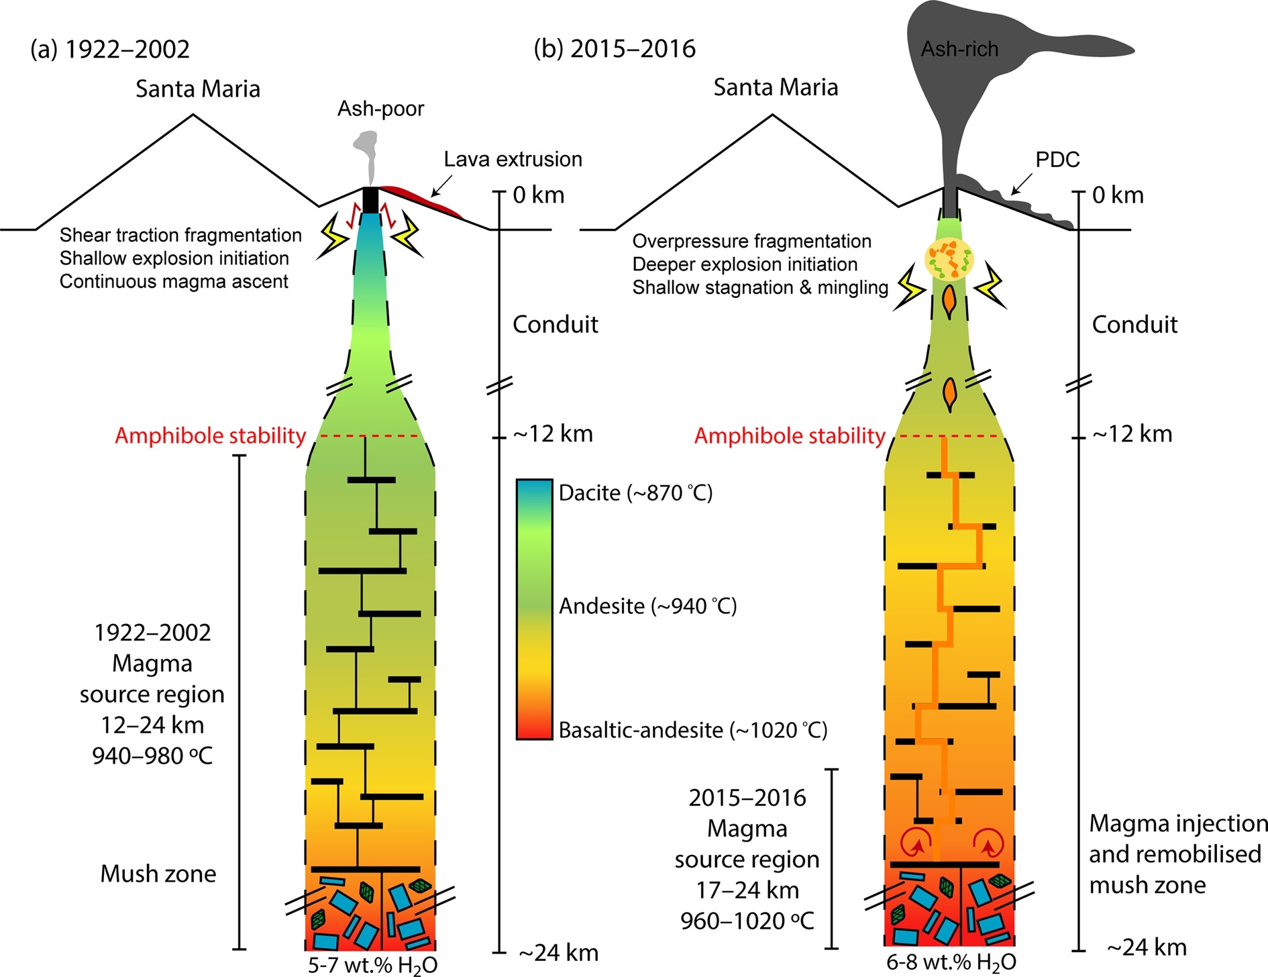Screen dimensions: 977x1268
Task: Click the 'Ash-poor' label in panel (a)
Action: [380, 109]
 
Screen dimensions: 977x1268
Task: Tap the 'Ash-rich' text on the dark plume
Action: [959, 49]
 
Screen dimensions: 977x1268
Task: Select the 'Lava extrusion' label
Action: [513, 160]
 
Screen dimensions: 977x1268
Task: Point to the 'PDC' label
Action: [1057, 160]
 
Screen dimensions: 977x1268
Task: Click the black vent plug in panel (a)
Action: [370, 199]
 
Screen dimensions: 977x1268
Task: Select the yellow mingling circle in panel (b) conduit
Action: [949, 260]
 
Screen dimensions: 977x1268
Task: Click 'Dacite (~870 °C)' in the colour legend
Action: [635, 493]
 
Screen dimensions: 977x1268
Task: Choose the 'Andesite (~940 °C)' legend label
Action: [647, 607]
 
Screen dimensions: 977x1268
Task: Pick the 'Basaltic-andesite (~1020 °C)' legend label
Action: [692, 730]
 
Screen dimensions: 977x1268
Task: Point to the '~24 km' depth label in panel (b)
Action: [1147, 947]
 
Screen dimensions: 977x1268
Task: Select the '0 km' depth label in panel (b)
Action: [1118, 195]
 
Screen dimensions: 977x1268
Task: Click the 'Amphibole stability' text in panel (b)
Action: [790, 436]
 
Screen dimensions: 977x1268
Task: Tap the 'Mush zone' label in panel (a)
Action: [158, 874]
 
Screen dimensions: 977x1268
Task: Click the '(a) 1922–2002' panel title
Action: [110, 50]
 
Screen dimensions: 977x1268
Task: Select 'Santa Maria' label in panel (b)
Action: [776, 88]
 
